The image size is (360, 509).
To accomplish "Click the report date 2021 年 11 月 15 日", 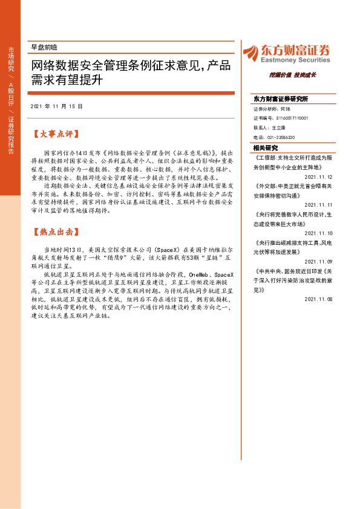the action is (x=56, y=106).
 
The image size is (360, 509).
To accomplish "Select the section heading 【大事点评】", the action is (x=56, y=135).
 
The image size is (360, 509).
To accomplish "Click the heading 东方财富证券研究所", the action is (x=280, y=99).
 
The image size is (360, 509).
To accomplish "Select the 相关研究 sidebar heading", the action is (x=266, y=148).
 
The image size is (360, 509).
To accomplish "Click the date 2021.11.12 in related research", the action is (x=318, y=177).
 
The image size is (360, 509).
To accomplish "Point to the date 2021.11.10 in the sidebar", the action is (x=318, y=233).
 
